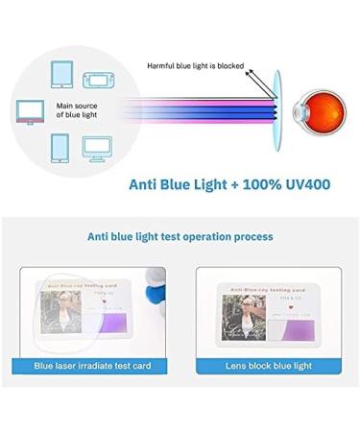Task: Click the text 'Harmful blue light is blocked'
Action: pos(195,66)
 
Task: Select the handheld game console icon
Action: pos(99,76)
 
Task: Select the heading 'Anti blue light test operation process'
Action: pos(180,236)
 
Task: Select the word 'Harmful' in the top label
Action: pos(161,66)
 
